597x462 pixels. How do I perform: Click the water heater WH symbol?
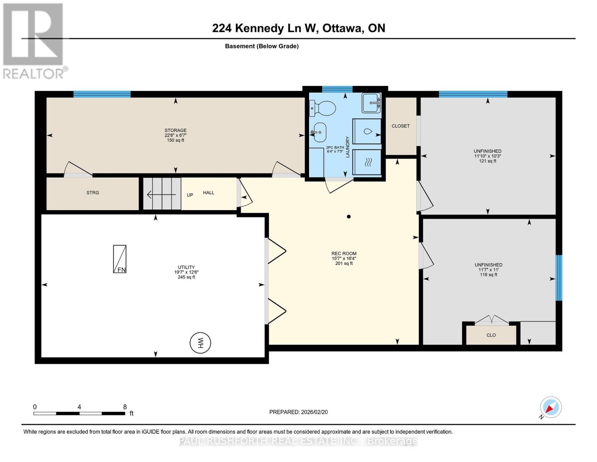tap(200, 343)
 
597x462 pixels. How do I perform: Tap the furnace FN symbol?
tap(120, 259)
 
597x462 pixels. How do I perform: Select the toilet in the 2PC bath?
tap(323, 108)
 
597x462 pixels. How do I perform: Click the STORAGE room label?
tap(176, 131)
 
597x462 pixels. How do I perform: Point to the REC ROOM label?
tap(344, 254)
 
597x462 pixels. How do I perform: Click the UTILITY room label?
tap(186, 267)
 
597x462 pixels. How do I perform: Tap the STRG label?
tap(93, 192)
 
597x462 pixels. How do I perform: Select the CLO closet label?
tap(491, 335)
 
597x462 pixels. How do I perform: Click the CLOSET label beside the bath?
tap(401, 126)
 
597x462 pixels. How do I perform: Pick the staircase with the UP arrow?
tap(162, 194)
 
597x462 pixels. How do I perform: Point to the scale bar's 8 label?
tap(125, 407)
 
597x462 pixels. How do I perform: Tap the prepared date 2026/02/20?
tap(298, 412)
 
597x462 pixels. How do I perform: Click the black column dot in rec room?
tap(349, 217)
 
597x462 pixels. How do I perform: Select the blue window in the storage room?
tap(102, 94)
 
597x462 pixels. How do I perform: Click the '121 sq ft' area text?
tap(487, 161)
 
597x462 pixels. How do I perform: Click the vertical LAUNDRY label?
tap(348, 147)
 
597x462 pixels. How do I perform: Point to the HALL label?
tap(208, 192)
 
